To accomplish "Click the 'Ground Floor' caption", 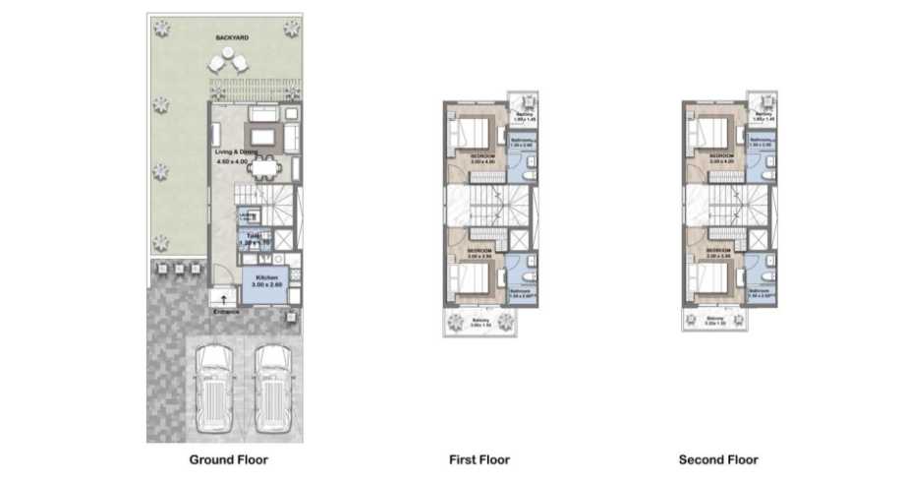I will coord(227,459).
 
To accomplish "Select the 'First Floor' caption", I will coord(479,459).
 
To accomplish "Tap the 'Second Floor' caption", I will coord(718,459).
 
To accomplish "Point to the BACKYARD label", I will coord(232,37).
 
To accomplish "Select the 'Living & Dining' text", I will coord(235,153).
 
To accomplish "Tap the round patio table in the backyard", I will coord(228,63).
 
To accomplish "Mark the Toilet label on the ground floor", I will coord(252,237).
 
